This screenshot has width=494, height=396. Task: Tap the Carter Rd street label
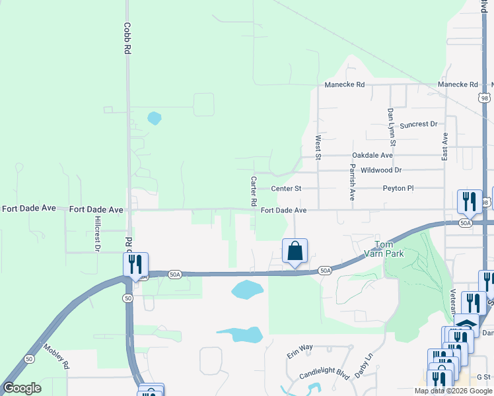tap(253, 191)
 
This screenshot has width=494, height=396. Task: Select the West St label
tap(318, 148)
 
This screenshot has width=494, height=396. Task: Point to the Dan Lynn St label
tap(391, 127)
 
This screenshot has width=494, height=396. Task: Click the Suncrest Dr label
tap(418, 124)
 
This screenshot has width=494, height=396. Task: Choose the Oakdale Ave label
tap(372, 155)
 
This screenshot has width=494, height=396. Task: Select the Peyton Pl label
tap(398, 188)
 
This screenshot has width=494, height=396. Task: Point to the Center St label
tap(286, 188)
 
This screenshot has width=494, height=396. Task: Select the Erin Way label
tap(299, 348)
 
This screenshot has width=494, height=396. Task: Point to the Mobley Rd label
tap(56, 356)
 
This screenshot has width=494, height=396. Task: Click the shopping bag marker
tap(295, 251)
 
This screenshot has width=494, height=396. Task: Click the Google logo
tap(22, 388)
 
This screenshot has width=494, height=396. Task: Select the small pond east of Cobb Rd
tap(154, 118)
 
